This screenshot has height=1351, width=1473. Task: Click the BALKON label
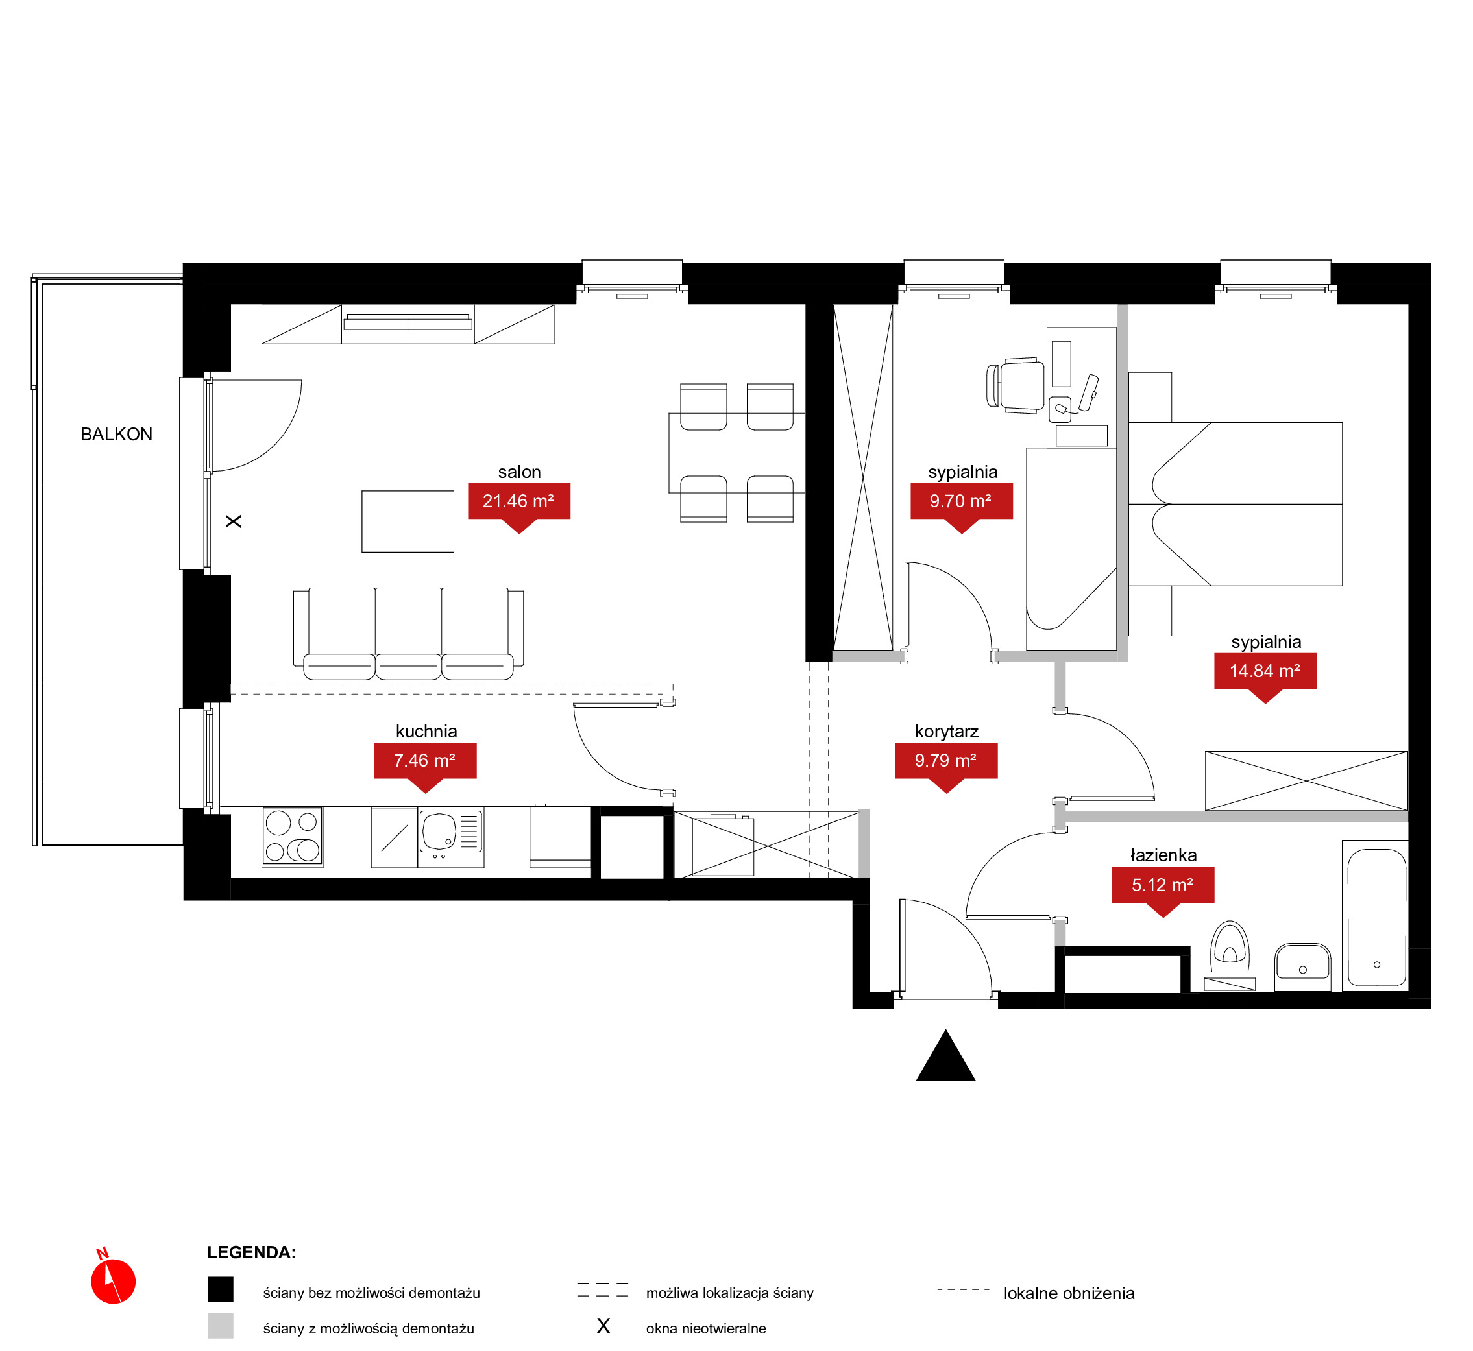click(x=116, y=435)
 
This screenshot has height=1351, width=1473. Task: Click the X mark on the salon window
click(x=234, y=522)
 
